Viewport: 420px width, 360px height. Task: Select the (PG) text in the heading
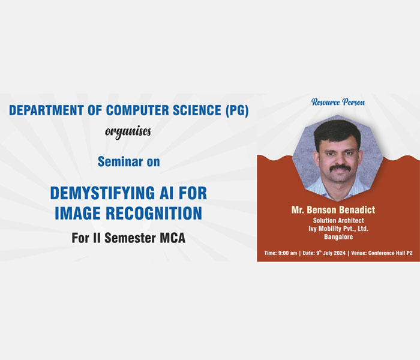[237, 110]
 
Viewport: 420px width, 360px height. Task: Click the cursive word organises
[128, 131]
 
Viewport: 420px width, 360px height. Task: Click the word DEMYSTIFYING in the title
[103, 193]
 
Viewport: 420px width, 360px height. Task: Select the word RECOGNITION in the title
[154, 213]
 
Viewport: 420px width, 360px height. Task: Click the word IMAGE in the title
[77, 213]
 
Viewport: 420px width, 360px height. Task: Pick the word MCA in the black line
[173, 238]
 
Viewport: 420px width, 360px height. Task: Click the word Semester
[130, 238]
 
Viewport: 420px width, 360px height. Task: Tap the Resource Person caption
[338, 102]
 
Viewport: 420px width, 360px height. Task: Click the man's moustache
[340, 168]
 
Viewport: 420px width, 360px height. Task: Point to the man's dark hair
[337, 133]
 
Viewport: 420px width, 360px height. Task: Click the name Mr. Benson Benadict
[333, 210]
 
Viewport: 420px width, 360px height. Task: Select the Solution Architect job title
[338, 220]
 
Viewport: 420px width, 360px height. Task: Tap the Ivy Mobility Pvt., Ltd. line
[338, 229]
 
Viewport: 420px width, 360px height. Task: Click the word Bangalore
[338, 237]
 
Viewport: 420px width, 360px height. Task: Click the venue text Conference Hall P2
[390, 253]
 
